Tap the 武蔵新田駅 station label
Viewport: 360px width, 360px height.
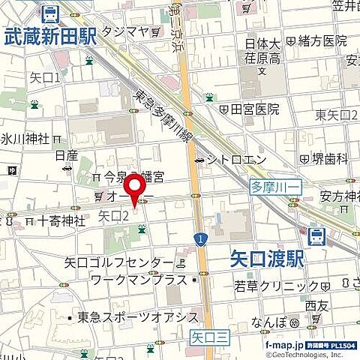coord(49,35)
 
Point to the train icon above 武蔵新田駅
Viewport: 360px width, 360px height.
coord(50,13)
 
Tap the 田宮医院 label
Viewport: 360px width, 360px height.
coord(254,109)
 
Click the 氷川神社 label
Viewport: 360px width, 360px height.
coord(25,139)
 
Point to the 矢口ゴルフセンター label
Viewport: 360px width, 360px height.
coord(118,262)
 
